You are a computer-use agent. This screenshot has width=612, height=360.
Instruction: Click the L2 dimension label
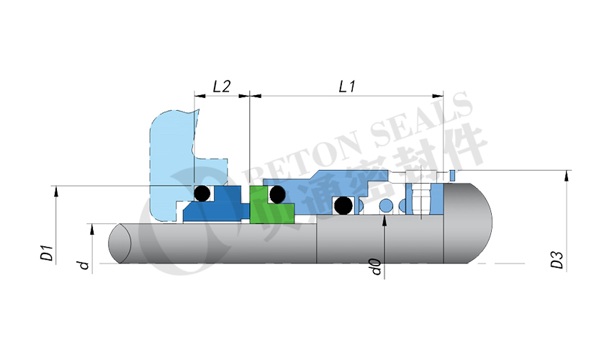click(x=221, y=86)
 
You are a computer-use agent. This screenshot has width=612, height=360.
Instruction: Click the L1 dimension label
click(x=347, y=86)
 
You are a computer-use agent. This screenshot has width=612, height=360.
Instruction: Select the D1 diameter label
click(x=45, y=253)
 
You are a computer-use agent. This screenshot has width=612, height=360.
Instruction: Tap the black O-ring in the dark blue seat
click(x=203, y=193)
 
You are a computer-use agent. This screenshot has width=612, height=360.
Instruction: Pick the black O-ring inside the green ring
click(x=276, y=194)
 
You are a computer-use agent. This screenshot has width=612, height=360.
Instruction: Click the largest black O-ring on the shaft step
click(x=343, y=206)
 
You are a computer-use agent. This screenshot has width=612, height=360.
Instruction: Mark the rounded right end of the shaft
click(x=475, y=223)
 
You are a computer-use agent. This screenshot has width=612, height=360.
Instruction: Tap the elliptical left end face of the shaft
click(x=120, y=244)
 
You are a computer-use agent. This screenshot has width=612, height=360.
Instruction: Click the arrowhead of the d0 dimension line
click(x=385, y=219)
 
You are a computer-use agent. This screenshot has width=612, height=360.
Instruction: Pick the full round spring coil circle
click(x=387, y=207)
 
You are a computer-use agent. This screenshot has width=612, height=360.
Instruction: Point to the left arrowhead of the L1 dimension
click(x=253, y=95)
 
